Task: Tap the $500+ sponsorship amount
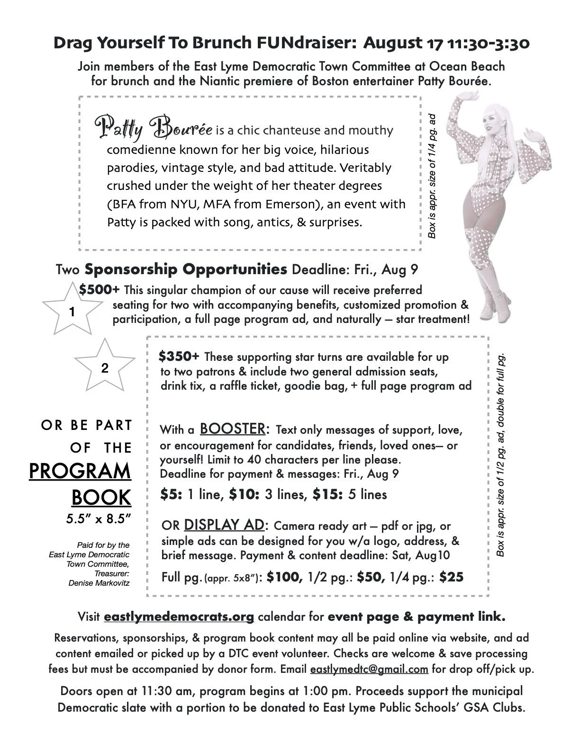[x=100, y=289]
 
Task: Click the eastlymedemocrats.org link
[x=179, y=617]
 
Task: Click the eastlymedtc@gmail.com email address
[x=369, y=670]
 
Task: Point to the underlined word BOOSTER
[x=232, y=429]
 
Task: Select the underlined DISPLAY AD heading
[x=224, y=525]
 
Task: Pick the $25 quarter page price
[x=451, y=577]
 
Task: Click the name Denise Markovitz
[x=99, y=583]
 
